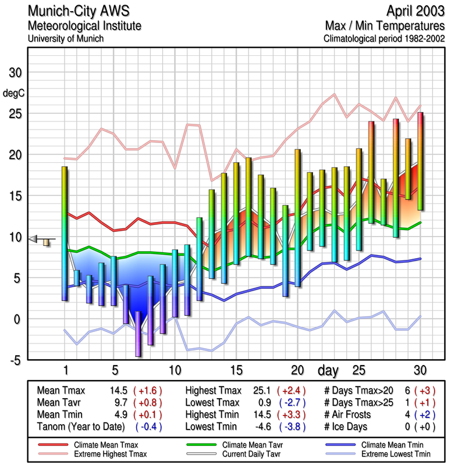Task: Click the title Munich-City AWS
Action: [x=79, y=11]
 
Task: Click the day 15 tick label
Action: [x=236, y=370]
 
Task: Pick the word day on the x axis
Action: [x=329, y=370]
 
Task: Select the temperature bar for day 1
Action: [x=65, y=233]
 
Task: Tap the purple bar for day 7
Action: [x=138, y=334]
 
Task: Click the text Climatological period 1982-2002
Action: [x=383, y=38]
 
